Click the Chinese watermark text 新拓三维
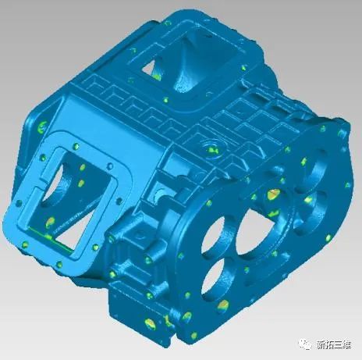[x=334, y=345]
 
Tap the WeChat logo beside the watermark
[x=305, y=344]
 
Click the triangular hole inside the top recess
[x=151, y=68]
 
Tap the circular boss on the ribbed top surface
[x=211, y=148]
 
